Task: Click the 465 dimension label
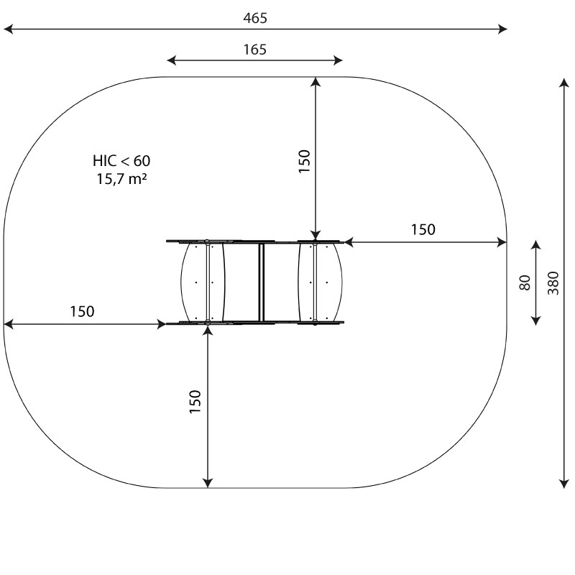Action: coord(255,18)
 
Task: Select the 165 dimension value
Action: coord(255,50)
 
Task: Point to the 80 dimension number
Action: coord(525,282)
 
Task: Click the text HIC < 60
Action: coord(121,161)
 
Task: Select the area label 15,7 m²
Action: coord(121,179)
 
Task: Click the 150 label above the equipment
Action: coord(304,161)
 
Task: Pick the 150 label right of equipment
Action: coord(423,229)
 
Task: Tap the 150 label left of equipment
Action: coord(82,311)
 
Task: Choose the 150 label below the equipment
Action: coord(195,402)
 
